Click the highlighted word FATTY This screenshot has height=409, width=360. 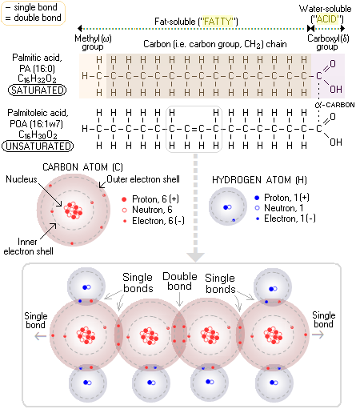pyautogui.click(x=218, y=22)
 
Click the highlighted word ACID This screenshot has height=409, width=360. pyautogui.click(x=327, y=19)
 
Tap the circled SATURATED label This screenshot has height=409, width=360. pyautogui.click(x=37, y=90)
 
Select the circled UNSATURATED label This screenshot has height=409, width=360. pyautogui.click(x=38, y=146)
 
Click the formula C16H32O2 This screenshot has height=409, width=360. pyautogui.click(x=37, y=79)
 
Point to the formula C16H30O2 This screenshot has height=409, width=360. pyautogui.click(x=38, y=134)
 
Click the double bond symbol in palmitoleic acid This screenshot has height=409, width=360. pyautogui.click(x=194, y=129)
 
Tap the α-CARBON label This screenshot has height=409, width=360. pyautogui.click(x=334, y=105)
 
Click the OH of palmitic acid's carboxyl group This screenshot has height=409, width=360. pyautogui.click(x=336, y=90)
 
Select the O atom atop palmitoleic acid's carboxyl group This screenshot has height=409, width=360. pyautogui.click(x=333, y=117)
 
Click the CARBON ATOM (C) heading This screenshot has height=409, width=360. pyautogui.click(x=82, y=167)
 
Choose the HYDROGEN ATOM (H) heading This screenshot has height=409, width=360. pyautogui.click(x=259, y=180)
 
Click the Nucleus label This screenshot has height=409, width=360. pyautogui.click(x=22, y=179)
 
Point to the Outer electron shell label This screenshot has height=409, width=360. pyautogui.click(x=143, y=179)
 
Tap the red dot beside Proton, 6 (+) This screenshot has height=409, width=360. pyautogui.click(x=124, y=199)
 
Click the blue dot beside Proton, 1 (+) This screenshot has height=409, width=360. pyautogui.click(x=257, y=198)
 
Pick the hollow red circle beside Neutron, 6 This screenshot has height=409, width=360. pyautogui.click(x=124, y=211)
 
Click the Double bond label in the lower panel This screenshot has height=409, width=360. pyautogui.click(x=180, y=281)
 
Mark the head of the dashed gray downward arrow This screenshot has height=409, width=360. pyautogui.click(x=195, y=262)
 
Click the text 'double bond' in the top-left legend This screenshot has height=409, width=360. pyautogui.click(x=38, y=18)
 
